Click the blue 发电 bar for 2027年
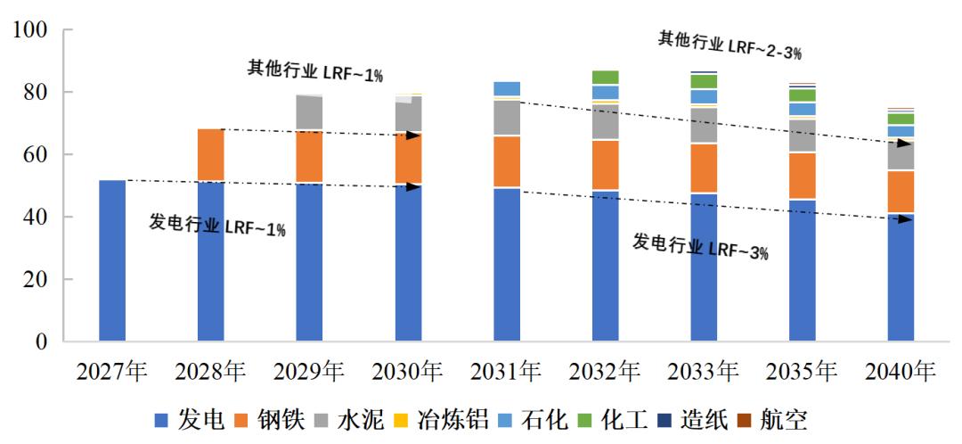pos(111,260)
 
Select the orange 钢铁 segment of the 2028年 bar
pos(210,155)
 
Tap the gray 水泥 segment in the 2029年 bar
pos(309,112)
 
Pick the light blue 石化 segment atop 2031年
pos(507,88)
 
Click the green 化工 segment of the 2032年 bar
pos(606,77)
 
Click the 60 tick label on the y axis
pos(37,154)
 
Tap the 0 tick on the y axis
pos(43,341)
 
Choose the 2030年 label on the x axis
pos(408,371)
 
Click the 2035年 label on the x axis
pos(803,371)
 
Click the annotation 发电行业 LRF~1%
pos(217,226)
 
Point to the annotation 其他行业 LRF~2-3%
pos(730,45)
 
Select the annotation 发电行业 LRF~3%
pos(700,246)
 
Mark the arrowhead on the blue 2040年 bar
pos(905,218)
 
